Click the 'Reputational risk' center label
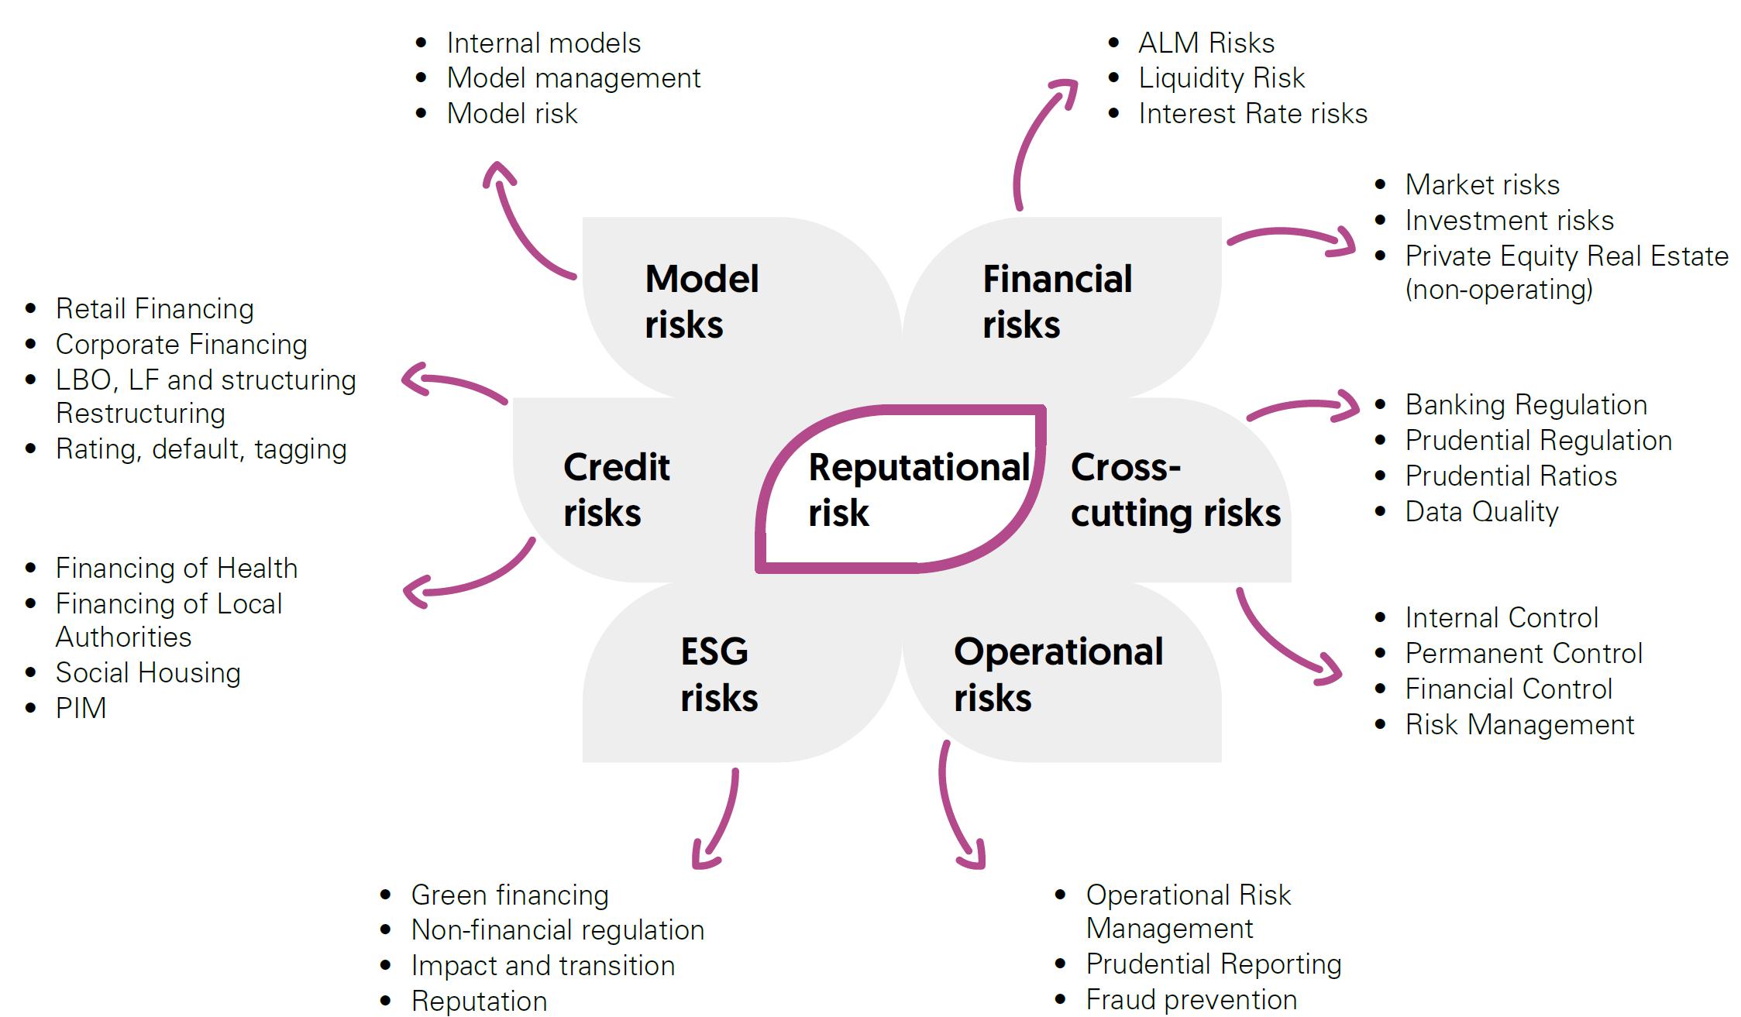coord(918,490)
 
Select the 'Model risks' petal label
coord(701,301)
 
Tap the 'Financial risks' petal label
coord(1057,301)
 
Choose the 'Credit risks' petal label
coord(616,490)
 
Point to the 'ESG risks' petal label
coord(718,674)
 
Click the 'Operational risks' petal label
coord(1058,674)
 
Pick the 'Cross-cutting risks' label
coord(1175,490)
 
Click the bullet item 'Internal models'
coord(543,43)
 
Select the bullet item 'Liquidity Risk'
coord(1221,78)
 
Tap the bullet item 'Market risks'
coord(1481,185)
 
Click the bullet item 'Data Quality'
coord(1481,512)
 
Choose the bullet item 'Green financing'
coord(509,895)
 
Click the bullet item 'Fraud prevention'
coord(1191,1000)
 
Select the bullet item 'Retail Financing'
coord(154,309)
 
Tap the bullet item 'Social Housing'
coord(148,673)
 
